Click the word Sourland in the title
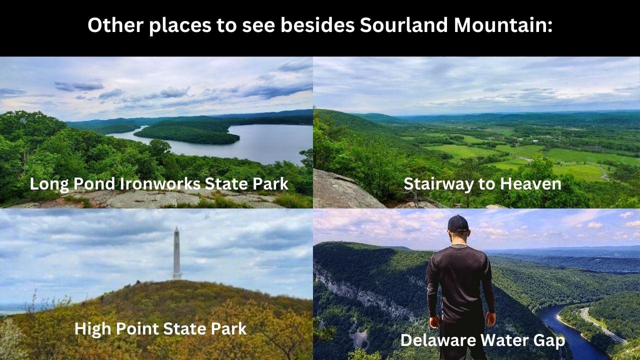tap(403, 25)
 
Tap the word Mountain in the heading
tap(503, 25)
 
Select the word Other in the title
tap(115, 25)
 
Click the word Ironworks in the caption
tap(160, 183)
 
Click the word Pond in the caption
tap(94, 183)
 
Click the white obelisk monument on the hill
tap(177, 253)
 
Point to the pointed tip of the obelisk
tap(176, 227)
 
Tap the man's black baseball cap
tap(457, 223)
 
